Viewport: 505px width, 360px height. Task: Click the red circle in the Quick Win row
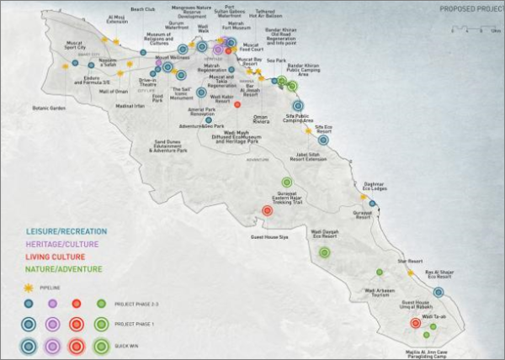[77, 345]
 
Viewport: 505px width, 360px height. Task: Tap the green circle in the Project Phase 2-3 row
[102, 304]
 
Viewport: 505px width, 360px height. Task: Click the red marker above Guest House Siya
[267, 211]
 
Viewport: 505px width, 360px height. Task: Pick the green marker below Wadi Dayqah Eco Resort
[324, 252]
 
